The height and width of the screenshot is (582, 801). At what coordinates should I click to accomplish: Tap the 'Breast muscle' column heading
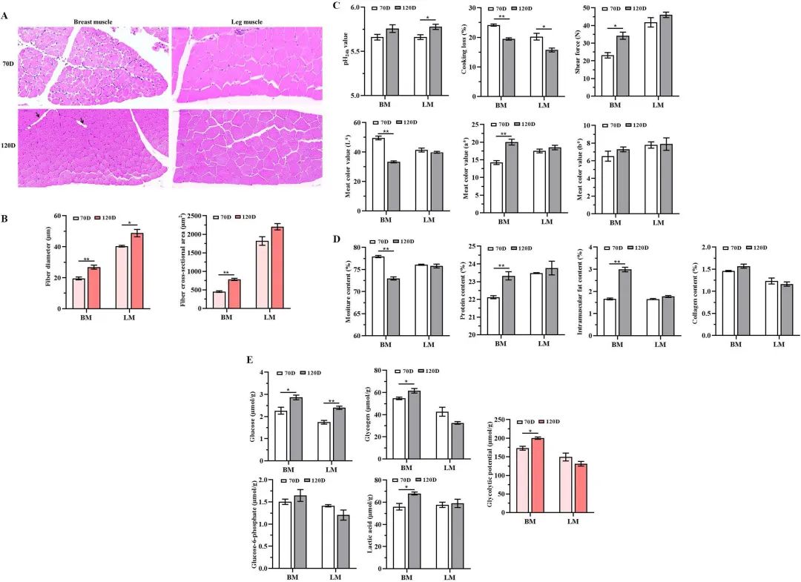click(x=93, y=22)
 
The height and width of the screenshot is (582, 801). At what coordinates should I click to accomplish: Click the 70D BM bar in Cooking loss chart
click(x=493, y=60)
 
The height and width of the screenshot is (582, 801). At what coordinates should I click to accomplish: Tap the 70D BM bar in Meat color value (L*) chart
click(x=378, y=174)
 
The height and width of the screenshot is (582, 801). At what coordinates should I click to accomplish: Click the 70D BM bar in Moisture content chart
click(x=378, y=295)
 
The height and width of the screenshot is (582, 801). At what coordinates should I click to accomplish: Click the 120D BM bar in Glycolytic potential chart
click(x=537, y=474)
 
